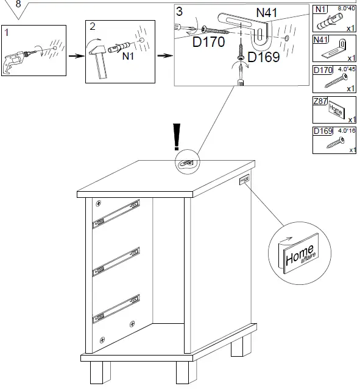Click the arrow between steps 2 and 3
[164, 55]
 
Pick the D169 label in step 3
[263, 57]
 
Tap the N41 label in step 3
[268, 12]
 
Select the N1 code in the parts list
[320, 9]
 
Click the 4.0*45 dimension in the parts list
[345, 69]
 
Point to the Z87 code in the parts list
[320, 100]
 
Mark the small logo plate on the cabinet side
[245, 180]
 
